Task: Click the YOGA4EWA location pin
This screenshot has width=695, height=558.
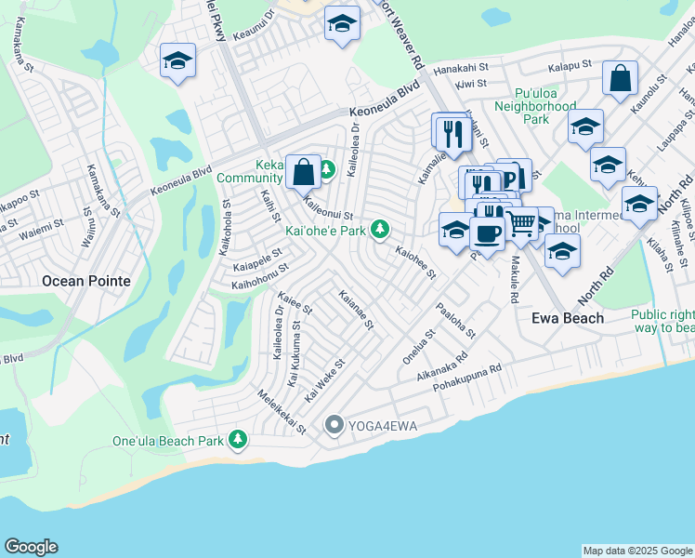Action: (334, 426)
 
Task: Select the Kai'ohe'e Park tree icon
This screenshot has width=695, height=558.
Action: (379, 229)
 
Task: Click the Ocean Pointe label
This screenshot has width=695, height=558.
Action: (85, 280)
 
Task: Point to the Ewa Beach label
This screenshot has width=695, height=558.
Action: (567, 317)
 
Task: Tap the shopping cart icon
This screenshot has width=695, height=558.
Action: (521, 224)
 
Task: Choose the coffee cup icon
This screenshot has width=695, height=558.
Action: (486, 233)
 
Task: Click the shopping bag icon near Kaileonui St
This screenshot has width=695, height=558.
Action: (303, 171)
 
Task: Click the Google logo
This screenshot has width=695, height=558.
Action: (31, 547)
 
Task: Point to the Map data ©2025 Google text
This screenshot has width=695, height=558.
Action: (637, 551)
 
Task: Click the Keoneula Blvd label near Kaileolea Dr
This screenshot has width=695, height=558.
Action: (385, 102)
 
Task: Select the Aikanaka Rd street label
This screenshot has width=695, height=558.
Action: (443, 359)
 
